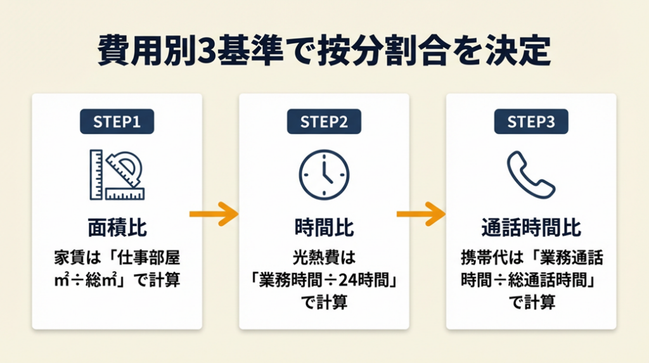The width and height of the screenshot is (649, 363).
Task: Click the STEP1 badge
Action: pos(117,122)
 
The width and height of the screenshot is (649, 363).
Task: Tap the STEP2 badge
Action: pos(324,122)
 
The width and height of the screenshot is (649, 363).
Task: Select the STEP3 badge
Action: pos(531,122)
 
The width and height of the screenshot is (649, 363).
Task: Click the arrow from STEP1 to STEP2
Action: pos(214,214)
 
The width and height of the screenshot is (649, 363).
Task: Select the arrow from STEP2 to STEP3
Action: pos(421,214)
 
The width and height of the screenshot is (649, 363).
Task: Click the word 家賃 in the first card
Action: pos(70,258)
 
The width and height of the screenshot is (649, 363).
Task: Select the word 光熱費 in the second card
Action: pos(317,258)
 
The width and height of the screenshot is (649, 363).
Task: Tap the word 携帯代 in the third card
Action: pos(484,258)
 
